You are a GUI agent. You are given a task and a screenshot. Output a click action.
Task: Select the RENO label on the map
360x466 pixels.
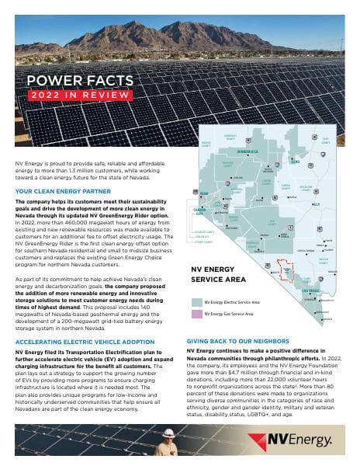204,194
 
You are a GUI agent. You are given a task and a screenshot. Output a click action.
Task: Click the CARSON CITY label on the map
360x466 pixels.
200,211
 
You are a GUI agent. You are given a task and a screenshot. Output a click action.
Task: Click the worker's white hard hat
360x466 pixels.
166,431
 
